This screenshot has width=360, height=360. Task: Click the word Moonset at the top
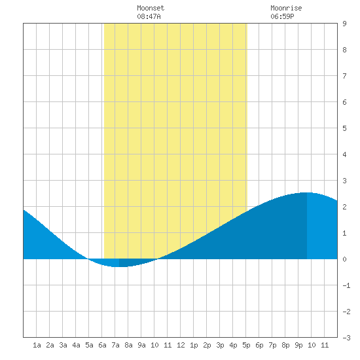tap(151, 8)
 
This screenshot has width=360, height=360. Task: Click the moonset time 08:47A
tap(149, 16)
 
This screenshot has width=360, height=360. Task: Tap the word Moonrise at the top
tap(286, 8)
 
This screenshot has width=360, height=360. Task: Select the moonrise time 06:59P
tap(282, 16)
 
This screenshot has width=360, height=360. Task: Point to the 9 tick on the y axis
tap(344, 24)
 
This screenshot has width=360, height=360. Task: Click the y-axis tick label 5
tap(344, 128)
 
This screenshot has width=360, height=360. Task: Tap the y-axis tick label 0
tap(344, 259)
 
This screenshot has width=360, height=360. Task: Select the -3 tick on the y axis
tap(346, 338)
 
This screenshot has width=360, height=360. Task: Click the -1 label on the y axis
tap(346, 285)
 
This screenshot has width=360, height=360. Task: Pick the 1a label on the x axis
tap(37, 345)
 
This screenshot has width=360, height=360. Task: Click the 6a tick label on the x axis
tap(102, 345)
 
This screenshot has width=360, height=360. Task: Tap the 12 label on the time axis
tap(181, 345)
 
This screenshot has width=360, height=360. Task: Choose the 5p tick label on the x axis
tap(246, 345)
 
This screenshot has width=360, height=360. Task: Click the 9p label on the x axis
tap(298, 345)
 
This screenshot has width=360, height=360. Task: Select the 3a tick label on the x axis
tap(63, 345)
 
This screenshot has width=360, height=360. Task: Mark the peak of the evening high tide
tap(307, 192)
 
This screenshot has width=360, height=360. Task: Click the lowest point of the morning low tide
tap(119, 267)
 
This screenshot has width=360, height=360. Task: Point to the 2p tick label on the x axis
tap(207, 345)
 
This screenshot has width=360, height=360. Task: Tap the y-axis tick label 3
tap(344, 181)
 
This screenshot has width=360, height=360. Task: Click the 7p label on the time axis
tap(272, 345)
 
